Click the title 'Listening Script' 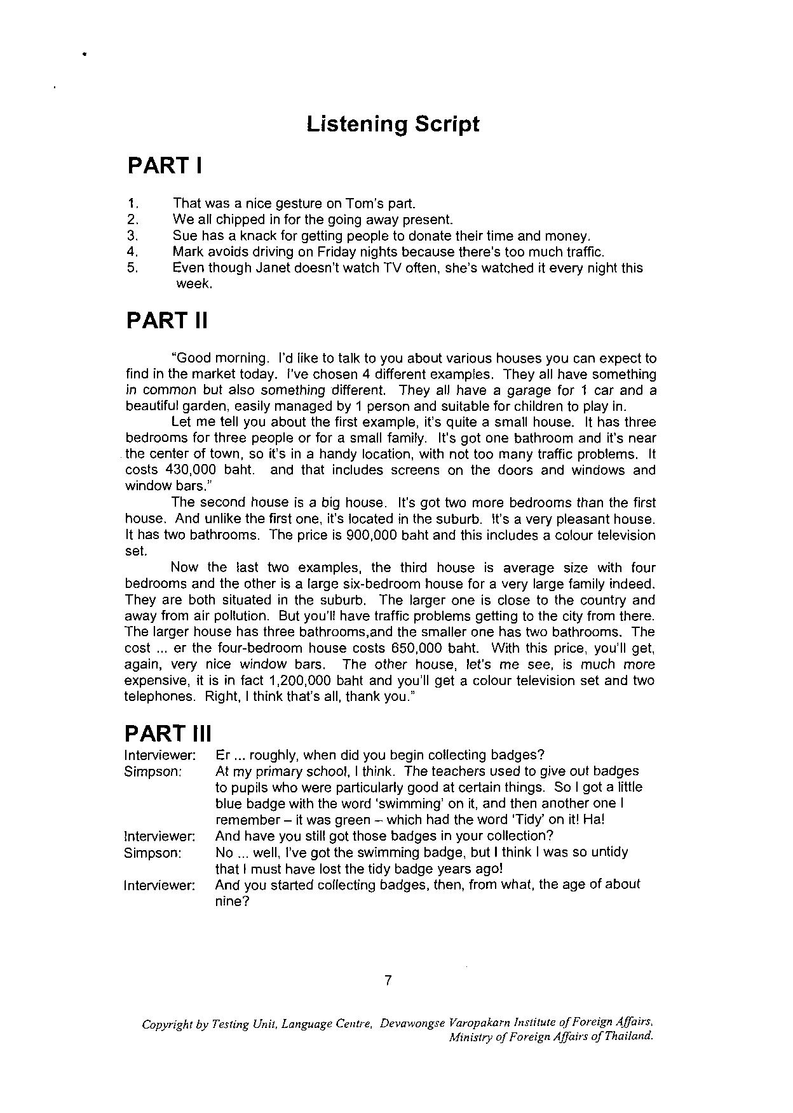393,123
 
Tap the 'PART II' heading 167,320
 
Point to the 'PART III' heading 168,733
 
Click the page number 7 388,980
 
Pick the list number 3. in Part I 133,236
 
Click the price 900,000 370,535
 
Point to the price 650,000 414,648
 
